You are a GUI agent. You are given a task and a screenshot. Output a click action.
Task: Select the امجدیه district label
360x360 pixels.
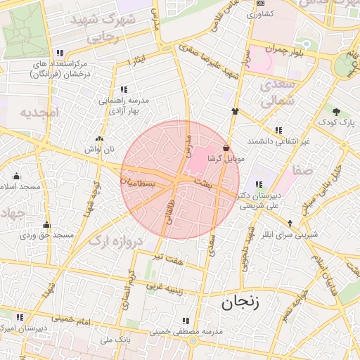coord(37,112)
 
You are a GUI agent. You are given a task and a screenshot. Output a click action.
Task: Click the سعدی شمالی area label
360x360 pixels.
coord(276,94)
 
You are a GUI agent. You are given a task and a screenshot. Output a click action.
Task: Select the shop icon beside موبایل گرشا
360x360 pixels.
coord(225,148)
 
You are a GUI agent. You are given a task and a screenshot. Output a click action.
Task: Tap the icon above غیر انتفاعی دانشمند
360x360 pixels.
coord(279,130)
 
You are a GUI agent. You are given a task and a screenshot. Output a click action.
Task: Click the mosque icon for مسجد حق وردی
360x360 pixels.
coord(46,225)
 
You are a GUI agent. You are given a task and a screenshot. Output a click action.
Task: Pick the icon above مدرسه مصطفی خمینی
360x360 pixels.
coord(186,320)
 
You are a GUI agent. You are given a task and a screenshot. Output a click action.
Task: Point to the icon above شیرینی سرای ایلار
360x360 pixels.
coord(289,223)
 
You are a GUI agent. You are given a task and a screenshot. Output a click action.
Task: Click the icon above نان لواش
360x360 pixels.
coord(99,139)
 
